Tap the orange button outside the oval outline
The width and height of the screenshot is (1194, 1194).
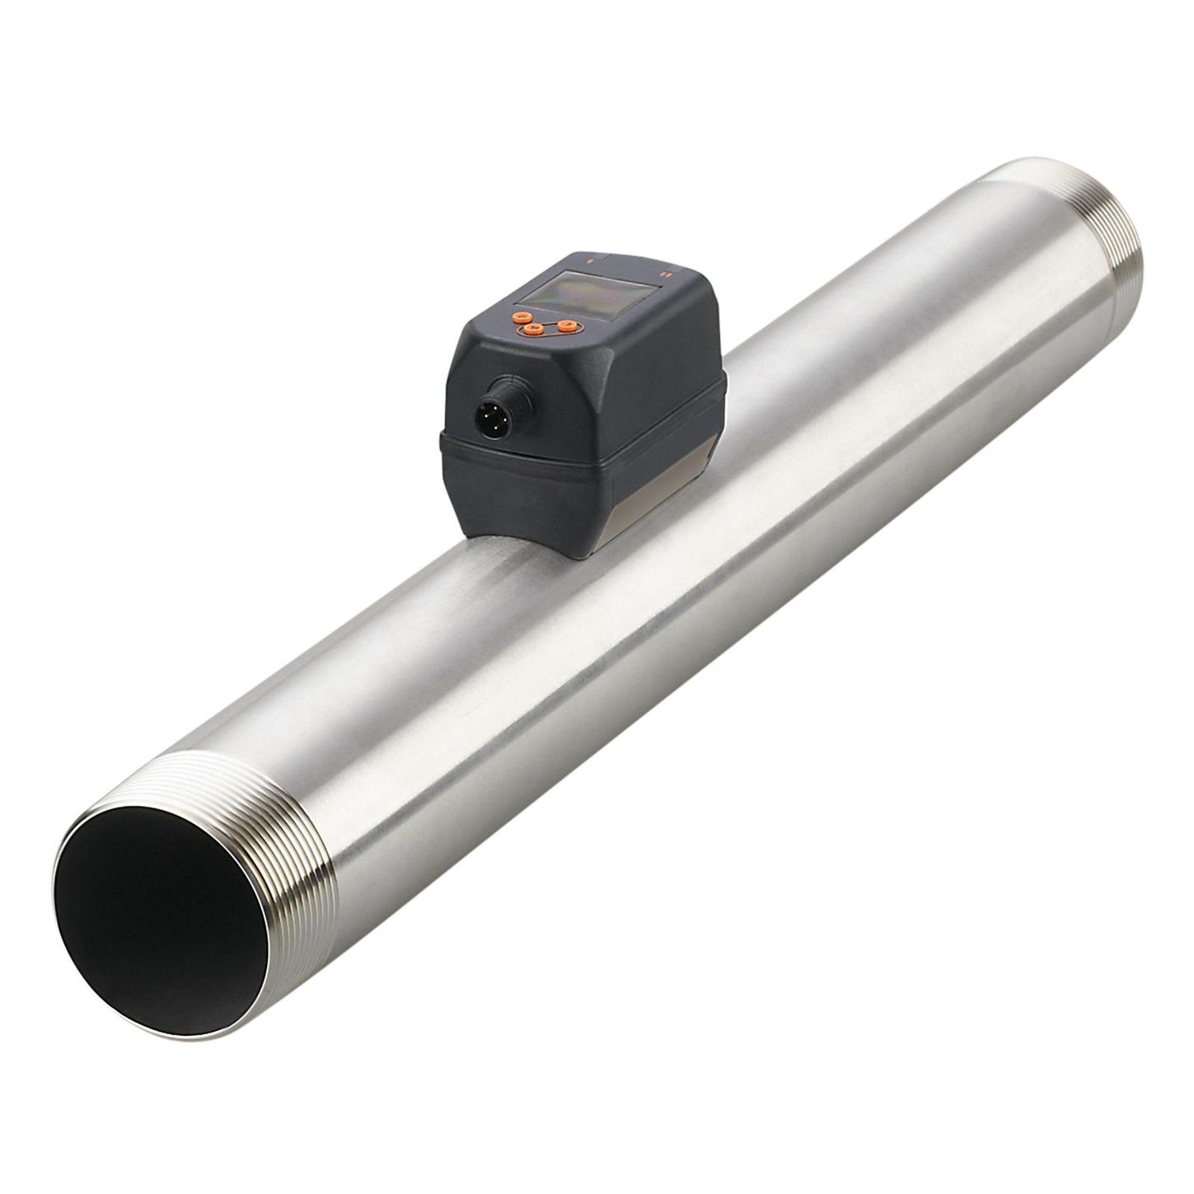[x=517, y=317]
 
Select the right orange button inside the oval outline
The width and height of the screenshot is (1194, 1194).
[x=565, y=326]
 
